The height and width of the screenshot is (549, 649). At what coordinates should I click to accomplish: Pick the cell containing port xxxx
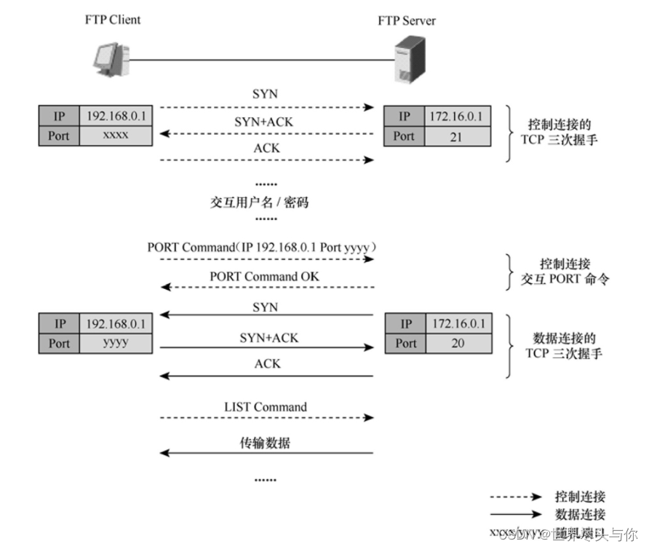point(116,135)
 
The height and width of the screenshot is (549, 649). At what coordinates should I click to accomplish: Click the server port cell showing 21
point(456,135)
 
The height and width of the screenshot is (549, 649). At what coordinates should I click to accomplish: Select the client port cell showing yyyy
point(116,343)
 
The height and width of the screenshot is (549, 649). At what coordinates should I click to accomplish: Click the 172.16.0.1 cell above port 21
point(457,116)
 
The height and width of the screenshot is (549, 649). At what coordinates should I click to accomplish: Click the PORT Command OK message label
point(264,277)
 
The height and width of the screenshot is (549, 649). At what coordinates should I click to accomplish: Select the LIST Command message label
point(266,407)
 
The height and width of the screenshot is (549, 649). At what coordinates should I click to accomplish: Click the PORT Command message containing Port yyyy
point(262,248)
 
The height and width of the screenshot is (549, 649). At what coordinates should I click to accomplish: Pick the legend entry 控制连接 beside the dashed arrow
point(580,497)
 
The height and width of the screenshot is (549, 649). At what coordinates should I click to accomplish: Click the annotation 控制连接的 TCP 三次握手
point(560,131)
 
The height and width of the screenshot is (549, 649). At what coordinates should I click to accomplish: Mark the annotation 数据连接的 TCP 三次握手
point(560,346)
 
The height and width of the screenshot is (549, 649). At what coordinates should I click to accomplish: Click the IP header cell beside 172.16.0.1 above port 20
point(405,323)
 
